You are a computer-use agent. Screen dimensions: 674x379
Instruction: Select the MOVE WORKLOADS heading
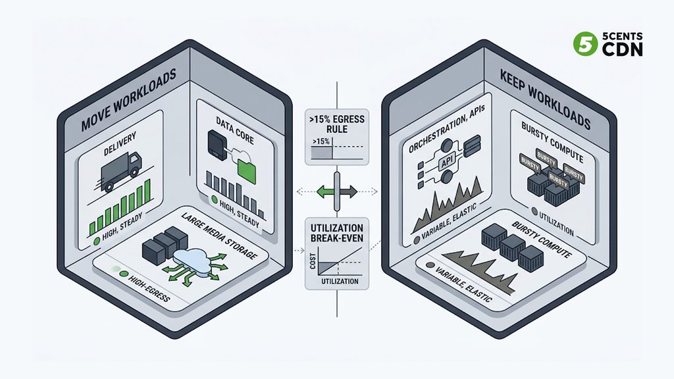(128, 99)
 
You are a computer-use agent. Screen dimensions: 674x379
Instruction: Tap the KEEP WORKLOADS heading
(546, 99)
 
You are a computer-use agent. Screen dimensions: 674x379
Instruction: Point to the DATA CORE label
(235, 131)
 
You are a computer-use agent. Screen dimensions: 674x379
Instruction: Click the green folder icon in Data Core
(247, 170)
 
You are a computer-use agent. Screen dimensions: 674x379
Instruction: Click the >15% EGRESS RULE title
(336, 124)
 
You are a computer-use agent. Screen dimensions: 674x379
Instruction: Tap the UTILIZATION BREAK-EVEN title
(337, 233)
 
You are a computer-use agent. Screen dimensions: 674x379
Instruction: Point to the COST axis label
(313, 261)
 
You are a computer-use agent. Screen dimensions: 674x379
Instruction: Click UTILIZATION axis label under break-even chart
(340, 282)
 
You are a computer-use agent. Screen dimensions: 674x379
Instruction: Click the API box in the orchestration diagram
(447, 163)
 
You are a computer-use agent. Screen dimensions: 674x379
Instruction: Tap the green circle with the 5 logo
(585, 44)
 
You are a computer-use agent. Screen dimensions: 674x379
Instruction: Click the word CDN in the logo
(622, 49)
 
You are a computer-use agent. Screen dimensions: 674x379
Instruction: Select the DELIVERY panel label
(120, 143)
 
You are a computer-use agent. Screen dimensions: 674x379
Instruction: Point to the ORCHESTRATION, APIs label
(447, 129)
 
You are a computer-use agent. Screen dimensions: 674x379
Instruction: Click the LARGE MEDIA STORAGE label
(219, 236)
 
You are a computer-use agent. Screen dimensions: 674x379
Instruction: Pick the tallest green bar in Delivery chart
(147, 190)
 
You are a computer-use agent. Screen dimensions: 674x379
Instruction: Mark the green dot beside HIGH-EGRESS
(124, 274)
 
